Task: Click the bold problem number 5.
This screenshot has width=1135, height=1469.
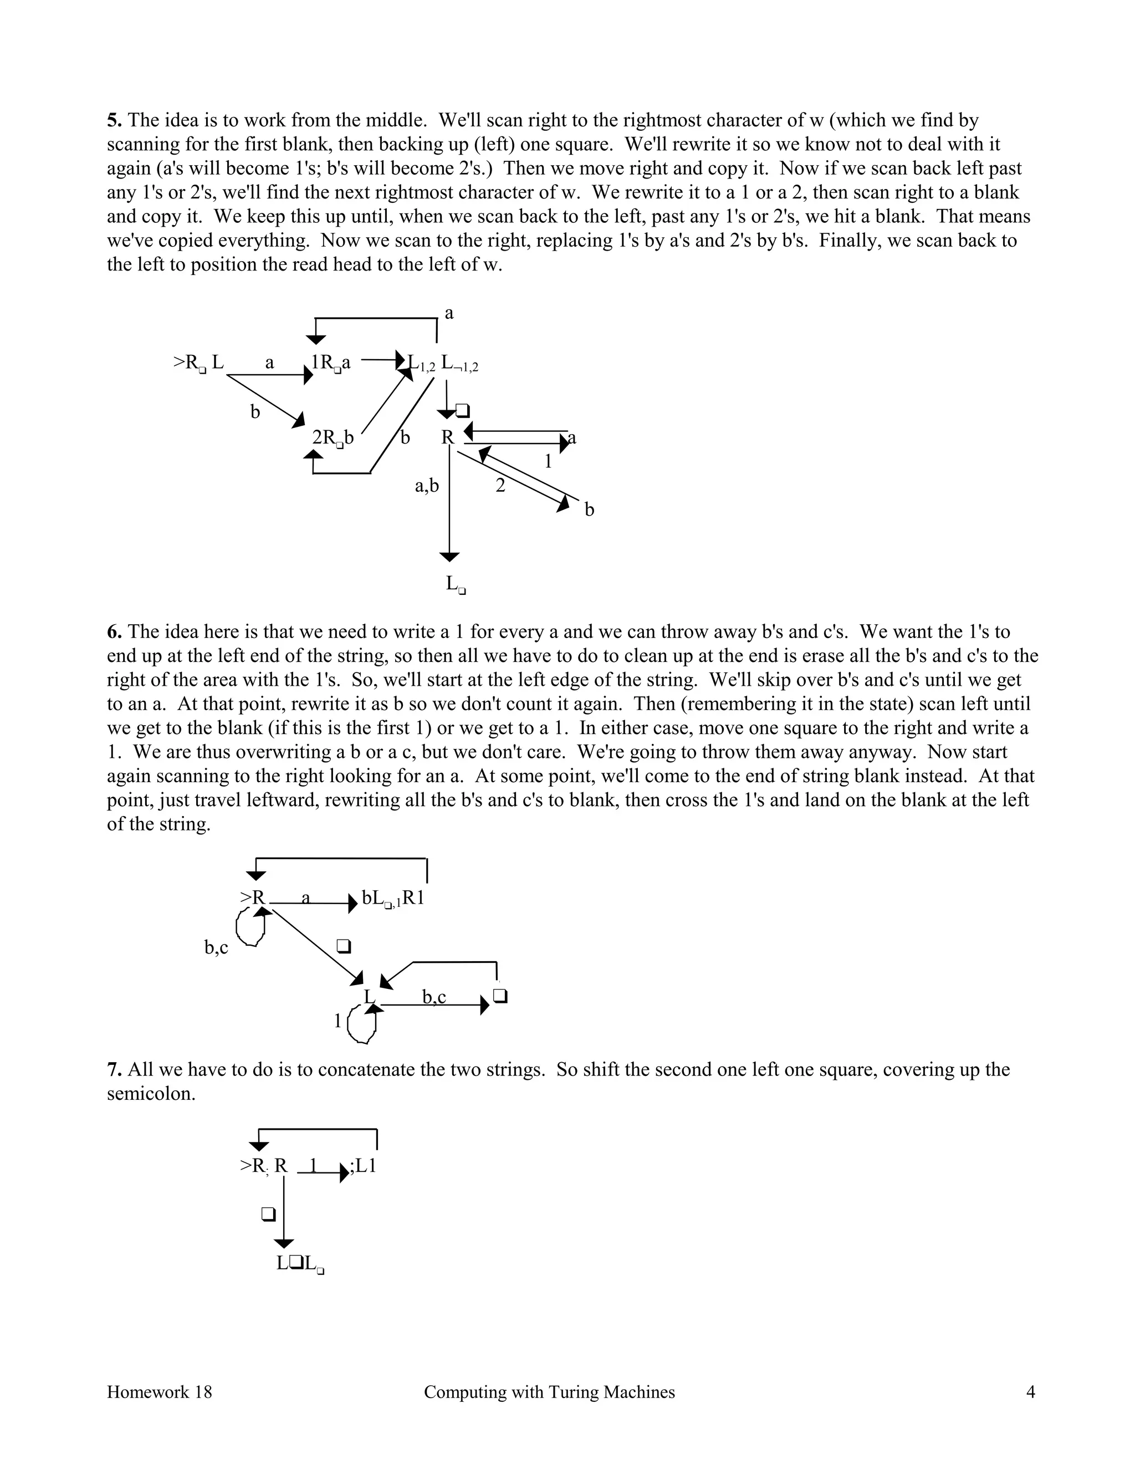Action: pos(114,120)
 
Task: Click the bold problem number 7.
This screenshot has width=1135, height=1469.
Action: pos(114,1069)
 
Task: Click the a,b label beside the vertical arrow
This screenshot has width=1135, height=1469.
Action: pos(426,485)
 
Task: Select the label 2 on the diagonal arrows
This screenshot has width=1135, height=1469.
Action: pos(499,486)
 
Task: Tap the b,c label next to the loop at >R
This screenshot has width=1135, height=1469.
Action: pos(217,948)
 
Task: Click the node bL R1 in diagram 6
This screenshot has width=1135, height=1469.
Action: pos(393,898)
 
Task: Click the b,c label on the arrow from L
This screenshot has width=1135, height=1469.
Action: pos(434,997)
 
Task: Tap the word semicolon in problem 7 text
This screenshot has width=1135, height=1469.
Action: pos(151,1094)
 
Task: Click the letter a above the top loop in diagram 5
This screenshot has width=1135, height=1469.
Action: pos(449,313)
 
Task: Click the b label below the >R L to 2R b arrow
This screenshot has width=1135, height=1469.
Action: pos(255,412)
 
